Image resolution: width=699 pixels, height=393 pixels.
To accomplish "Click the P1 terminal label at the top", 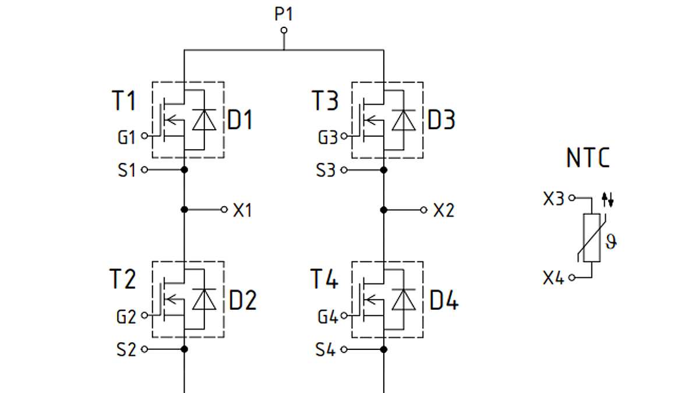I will (x=284, y=15).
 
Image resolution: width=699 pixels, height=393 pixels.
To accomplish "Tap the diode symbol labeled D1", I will (x=204, y=120).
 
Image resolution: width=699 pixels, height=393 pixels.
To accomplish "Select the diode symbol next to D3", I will (x=404, y=120).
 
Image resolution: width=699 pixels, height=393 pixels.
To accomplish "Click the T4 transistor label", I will (x=324, y=279).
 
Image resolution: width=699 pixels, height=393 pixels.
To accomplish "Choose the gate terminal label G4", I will (x=327, y=317).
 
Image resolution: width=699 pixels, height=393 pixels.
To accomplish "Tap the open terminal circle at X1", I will (x=224, y=209).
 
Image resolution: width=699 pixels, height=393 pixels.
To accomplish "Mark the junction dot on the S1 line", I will (x=184, y=169).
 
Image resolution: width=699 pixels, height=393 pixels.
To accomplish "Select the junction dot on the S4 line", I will (x=384, y=349).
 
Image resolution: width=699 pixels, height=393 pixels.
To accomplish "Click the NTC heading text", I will (x=588, y=158).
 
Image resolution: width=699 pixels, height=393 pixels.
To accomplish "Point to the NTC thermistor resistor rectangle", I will (x=591, y=238).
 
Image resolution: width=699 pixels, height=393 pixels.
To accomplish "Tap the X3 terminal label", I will (x=554, y=199).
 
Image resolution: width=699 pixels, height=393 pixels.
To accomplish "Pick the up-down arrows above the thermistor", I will (x=608, y=200).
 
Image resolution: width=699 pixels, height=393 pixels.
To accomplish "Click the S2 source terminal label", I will (x=126, y=350).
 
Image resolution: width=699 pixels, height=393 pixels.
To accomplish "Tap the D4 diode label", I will (x=444, y=301).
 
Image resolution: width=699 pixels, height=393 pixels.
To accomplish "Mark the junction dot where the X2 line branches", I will (x=384, y=209).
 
